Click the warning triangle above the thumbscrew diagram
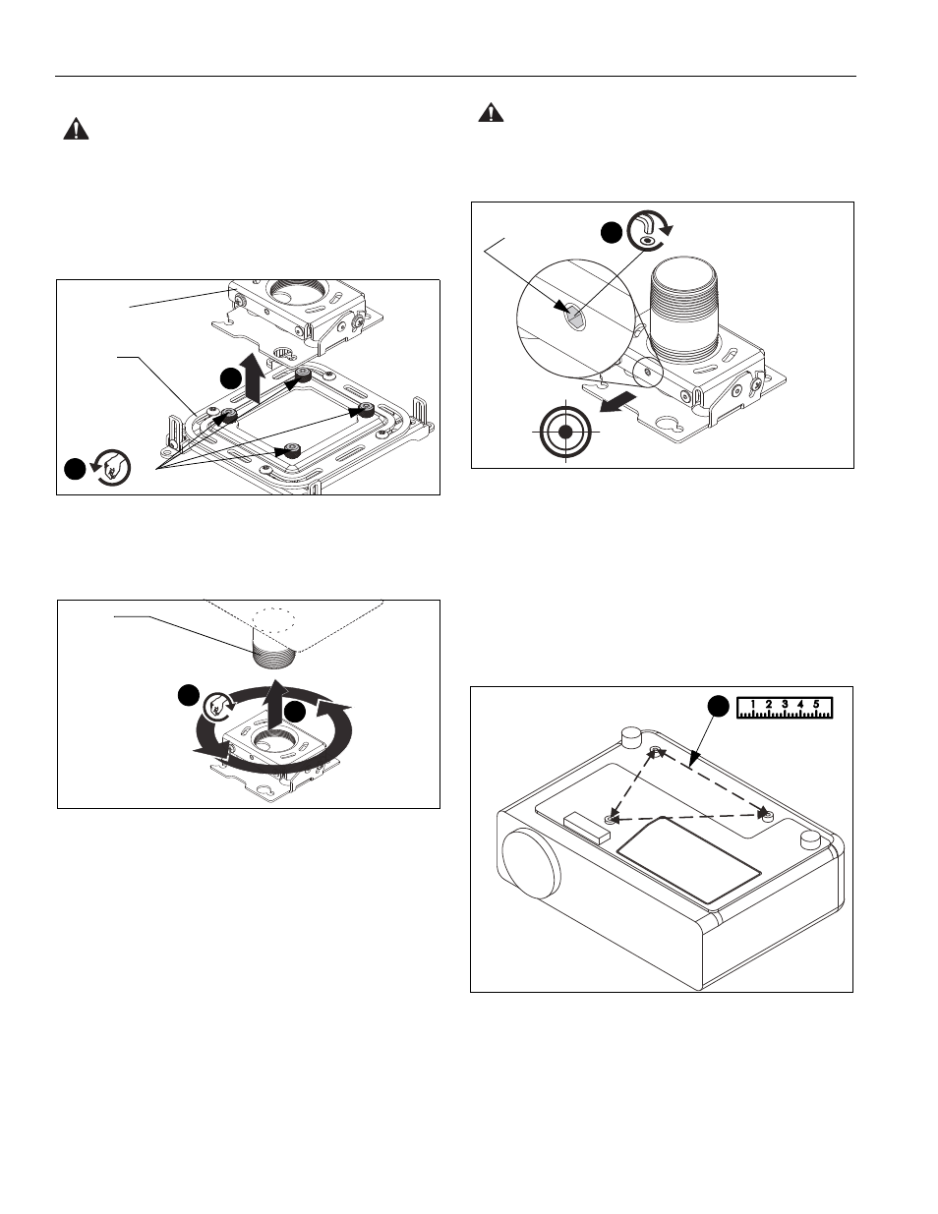click(76, 129)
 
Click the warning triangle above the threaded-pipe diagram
click(491, 112)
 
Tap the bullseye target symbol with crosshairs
click(565, 432)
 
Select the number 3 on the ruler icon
click(785, 704)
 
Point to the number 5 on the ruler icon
click(816, 704)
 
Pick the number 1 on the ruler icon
click(753, 704)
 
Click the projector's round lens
click(530, 864)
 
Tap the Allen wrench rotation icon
click(649, 230)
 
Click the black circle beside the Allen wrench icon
click(612, 232)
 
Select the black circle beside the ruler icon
click(719, 706)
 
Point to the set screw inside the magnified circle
click(574, 318)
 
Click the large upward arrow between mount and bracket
click(255, 377)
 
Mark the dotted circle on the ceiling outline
click(273, 620)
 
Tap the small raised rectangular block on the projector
click(587, 828)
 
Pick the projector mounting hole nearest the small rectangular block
click(610, 819)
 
